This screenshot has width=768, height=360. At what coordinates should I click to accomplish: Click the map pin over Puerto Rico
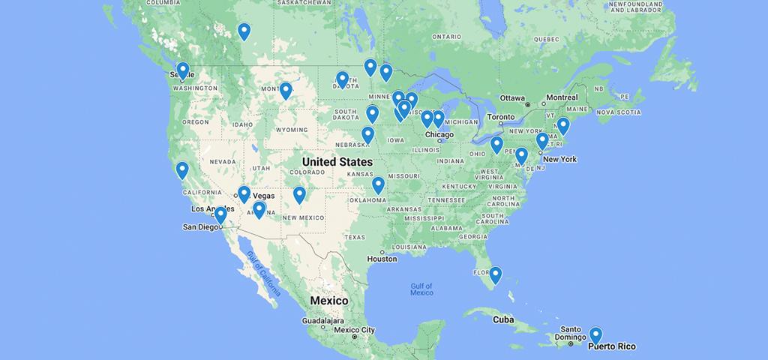click(595, 334)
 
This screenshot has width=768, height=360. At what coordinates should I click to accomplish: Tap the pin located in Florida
click(495, 274)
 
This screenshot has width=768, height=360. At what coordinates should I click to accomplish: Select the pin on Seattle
click(182, 70)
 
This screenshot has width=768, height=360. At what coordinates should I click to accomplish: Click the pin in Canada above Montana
click(244, 31)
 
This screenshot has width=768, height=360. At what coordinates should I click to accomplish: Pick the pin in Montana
click(286, 90)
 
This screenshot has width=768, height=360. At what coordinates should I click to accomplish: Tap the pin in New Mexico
click(299, 194)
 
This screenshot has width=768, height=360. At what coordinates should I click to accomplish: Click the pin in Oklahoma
click(378, 184)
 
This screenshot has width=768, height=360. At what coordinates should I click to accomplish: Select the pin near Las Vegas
click(244, 193)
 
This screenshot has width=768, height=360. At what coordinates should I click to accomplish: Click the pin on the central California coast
click(182, 169)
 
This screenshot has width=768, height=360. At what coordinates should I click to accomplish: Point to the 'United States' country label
click(337, 162)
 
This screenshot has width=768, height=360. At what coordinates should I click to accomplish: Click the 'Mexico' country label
click(329, 300)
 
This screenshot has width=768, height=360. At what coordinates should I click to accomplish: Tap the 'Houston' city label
click(382, 259)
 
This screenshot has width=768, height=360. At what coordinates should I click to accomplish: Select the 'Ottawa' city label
click(513, 98)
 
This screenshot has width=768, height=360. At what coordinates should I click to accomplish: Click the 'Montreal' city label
click(562, 97)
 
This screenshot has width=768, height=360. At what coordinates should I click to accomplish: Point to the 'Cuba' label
click(503, 319)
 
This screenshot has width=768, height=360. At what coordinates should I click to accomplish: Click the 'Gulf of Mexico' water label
click(421, 289)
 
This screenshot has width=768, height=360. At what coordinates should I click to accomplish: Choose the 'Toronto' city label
click(500, 117)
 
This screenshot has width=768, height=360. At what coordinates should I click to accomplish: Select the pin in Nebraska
click(367, 134)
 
